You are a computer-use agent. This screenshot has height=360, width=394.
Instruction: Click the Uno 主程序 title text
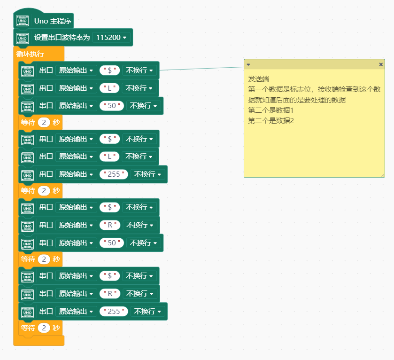[x=53, y=21]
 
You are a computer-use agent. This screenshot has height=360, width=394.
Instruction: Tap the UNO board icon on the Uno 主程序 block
[x=23, y=21]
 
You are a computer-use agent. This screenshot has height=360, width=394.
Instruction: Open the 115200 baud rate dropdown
[x=111, y=38]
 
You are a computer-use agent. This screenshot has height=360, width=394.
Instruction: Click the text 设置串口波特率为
[x=62, y=38]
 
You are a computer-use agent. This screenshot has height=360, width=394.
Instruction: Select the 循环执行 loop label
[x=30, y=54]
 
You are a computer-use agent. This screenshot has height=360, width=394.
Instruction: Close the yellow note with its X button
[x=381, y=64]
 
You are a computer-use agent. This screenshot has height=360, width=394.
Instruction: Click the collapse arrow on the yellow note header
[x=248, y=65]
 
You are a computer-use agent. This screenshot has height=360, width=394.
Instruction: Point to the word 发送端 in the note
[x=259, y=79]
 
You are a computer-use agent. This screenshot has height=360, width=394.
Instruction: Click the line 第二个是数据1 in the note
[x=270, y=110]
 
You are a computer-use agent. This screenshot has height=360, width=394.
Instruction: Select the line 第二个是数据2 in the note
[x=271, y=121]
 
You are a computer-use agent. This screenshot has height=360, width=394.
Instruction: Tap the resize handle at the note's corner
[x=383, y=175]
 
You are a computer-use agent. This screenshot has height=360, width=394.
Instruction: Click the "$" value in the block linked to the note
[x=109, y=70]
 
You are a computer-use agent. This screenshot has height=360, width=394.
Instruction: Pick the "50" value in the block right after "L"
[x=112, y=106]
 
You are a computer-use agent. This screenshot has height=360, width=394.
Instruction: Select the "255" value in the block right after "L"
[x=114, y=174]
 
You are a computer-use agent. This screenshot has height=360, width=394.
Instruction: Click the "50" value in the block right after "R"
[x=112, y=243]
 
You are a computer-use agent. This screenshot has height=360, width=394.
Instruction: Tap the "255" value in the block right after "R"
[x=114, y=312]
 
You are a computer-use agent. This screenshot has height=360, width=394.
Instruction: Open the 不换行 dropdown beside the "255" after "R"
[x=147, y=312]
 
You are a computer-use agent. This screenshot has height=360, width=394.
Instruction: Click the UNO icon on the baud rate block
[x=23, y=39]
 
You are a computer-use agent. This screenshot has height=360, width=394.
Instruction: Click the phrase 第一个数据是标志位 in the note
[x=279, y=89]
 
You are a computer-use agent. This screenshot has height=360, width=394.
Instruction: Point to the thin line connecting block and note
[x=202, y=69]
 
